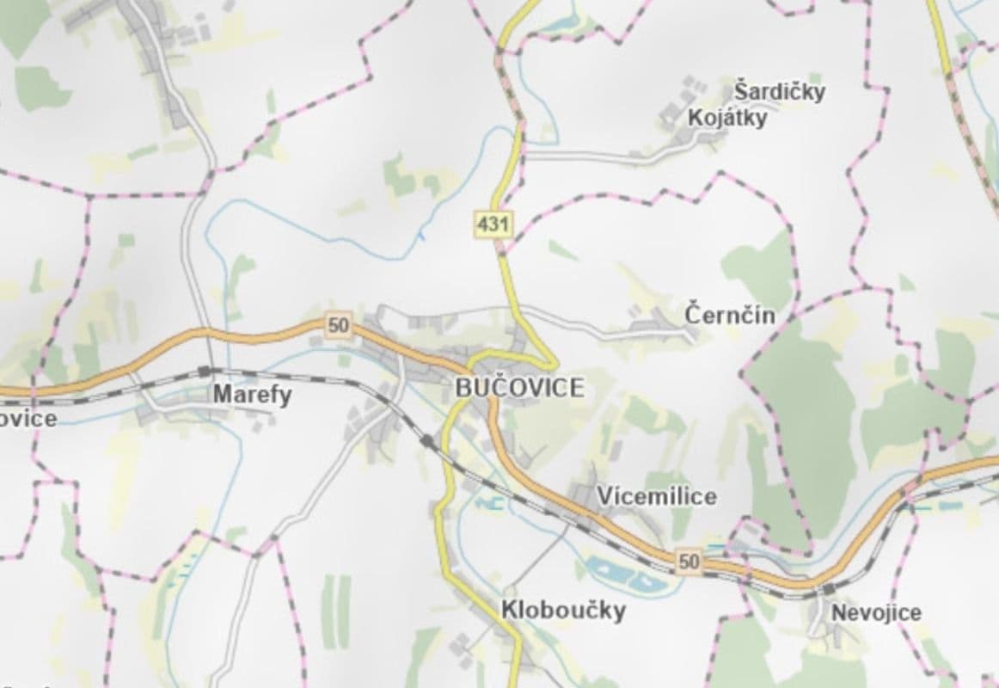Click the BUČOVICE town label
pos(519,388)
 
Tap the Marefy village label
pos(252,395)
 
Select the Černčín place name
pos(730,315)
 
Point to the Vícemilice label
pos(657,496)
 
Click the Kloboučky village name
pos(563,611)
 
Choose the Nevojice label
pos(876,612)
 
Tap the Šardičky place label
pos(779,91)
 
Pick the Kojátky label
pos(727,118)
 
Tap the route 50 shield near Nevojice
pos(689,562)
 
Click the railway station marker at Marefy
pos(204,371)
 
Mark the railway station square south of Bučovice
pos(427,441)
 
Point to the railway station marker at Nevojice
pos(828,589)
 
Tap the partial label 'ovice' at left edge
pos(28,419)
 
